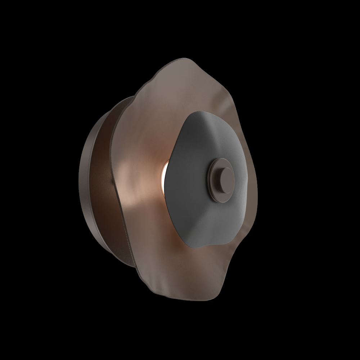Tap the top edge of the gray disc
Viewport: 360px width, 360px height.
[x=202, y=112]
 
